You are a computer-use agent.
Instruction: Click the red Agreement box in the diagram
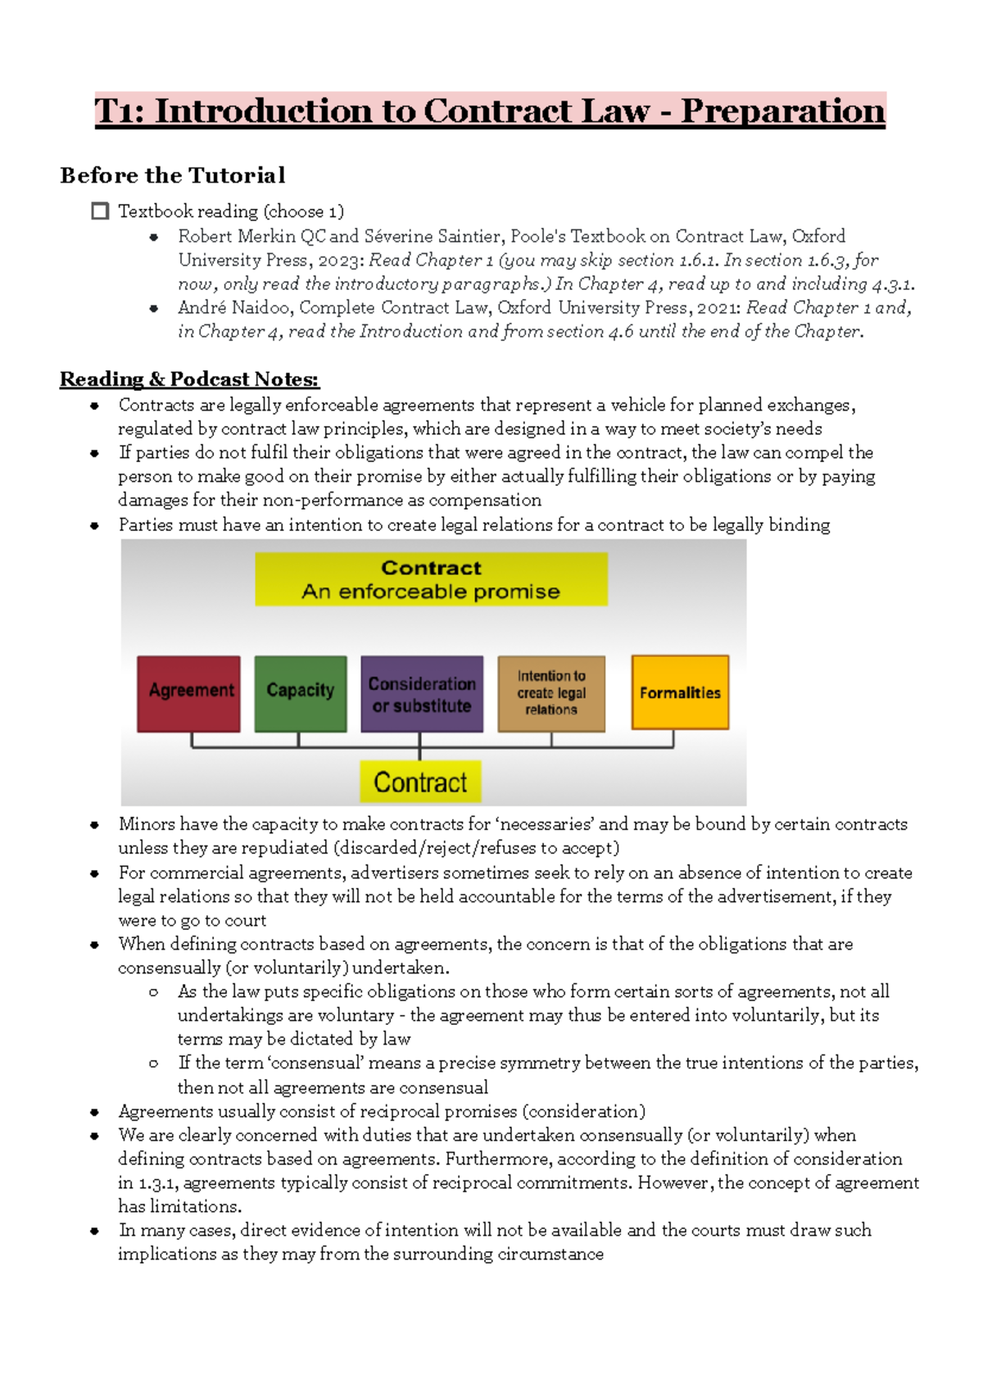(188, 693)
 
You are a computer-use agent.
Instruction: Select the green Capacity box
(300, 693)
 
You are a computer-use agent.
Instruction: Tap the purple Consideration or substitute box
(421, 694)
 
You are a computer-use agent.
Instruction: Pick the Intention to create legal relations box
(551, 693)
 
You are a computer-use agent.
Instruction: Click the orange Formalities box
(679, 692)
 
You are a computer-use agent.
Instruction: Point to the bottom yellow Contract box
(420, 782)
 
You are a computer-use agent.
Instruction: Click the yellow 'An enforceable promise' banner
(431, 579)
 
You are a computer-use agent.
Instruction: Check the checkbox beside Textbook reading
(100, 211)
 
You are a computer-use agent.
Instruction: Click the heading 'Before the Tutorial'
(173, 175)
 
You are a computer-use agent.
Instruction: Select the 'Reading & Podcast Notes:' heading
(189, 379)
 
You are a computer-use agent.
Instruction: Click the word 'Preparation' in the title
(782, 111)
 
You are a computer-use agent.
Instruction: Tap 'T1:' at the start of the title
(120, 111)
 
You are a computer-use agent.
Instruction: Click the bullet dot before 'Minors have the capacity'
(95, 825)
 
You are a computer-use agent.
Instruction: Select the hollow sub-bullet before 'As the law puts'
(153, 992)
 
